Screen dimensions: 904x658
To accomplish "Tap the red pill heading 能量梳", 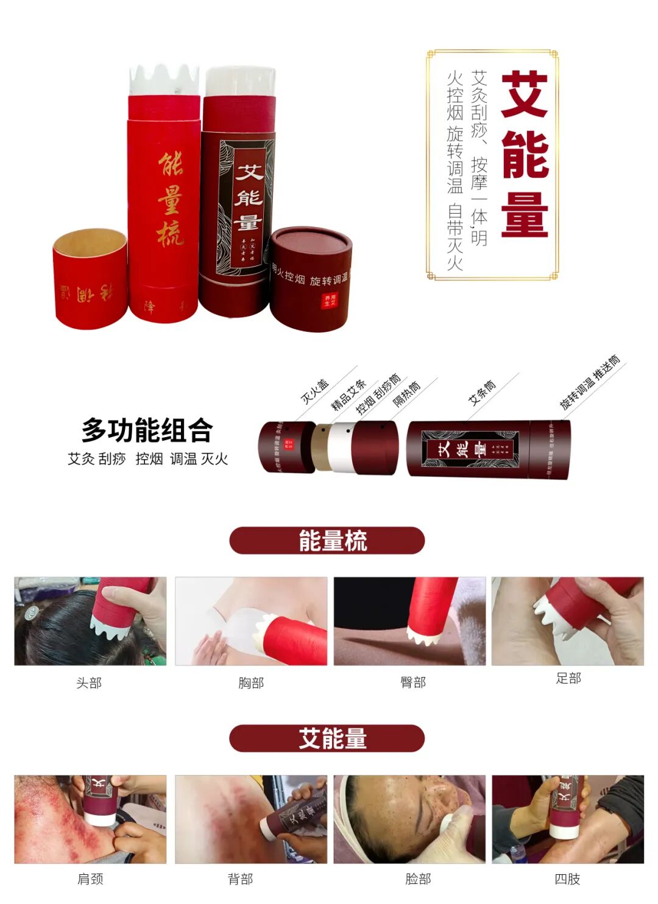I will coord(327,541).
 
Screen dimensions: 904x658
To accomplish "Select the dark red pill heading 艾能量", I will coord(327,738).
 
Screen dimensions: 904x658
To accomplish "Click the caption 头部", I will coord(89,683).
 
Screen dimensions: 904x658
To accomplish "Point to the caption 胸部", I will coord(251,683).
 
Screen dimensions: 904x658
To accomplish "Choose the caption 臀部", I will coord(413,682).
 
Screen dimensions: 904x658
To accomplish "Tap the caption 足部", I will coord(568,678).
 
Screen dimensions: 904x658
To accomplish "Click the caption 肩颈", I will coord(90,879).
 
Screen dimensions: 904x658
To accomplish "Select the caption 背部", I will coord(240,879).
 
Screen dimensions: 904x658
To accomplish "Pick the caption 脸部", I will coord(418,879).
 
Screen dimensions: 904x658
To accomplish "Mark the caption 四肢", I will coord(567,879).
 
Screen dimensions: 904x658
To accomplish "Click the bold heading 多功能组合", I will coord(147,430).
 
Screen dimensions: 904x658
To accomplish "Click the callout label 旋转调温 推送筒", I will coord(590,382).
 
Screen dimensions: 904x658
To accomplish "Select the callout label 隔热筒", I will coord(406,394).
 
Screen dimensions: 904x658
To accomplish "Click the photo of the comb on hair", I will coord(90,621).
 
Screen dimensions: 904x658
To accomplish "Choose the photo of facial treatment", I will coord(409,819).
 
